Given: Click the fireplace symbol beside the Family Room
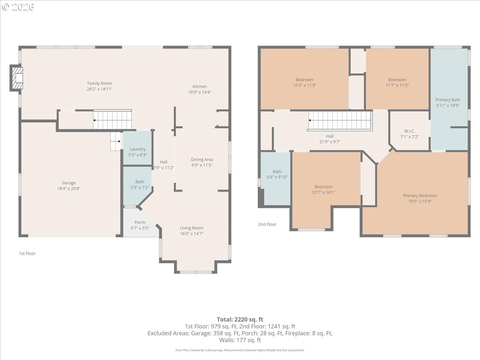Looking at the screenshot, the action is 17,78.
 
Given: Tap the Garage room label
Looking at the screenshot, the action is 69,183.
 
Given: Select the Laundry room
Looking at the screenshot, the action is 138,148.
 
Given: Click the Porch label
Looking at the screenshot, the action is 140,222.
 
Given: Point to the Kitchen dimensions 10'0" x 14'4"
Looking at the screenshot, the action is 200,92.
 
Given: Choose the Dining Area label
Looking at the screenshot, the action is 202,160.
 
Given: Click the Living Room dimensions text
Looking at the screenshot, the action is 192,234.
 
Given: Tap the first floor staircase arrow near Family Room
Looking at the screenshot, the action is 94,120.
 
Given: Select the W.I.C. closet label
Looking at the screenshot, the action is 409,131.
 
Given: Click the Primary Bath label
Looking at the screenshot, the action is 448,100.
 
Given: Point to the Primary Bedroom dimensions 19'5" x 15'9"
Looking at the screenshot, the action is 420,201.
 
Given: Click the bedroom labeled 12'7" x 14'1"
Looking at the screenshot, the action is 323,190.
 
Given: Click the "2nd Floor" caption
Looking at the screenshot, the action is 267,224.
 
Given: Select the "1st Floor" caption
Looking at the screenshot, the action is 27,253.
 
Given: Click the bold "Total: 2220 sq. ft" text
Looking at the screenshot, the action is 240,320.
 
